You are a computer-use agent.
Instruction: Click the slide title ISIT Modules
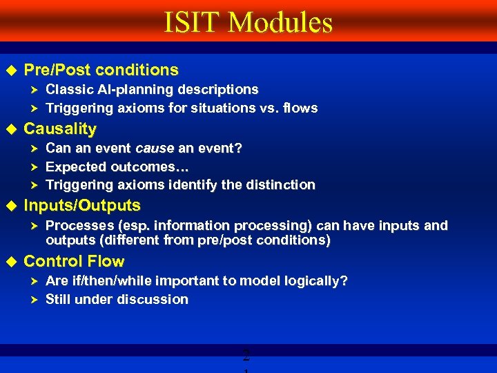coord(248,23)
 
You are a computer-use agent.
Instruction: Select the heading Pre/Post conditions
coord(101,70)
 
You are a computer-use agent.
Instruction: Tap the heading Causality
coord(60,128)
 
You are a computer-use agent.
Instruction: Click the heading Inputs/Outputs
coord(82,205)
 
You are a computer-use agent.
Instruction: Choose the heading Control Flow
coord(74,261)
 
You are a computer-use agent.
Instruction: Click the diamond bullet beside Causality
coord(10,128)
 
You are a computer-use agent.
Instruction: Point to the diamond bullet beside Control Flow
coord(10,261)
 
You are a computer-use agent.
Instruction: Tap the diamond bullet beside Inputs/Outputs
coord(10,205)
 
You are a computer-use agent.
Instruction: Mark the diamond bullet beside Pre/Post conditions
coord(10,70)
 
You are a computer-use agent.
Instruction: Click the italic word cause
coord(155,148)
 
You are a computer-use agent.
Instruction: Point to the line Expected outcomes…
coord(117,166)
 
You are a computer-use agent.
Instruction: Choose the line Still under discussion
coord(117,299)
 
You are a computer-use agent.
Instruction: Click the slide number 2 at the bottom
coord(245,357)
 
